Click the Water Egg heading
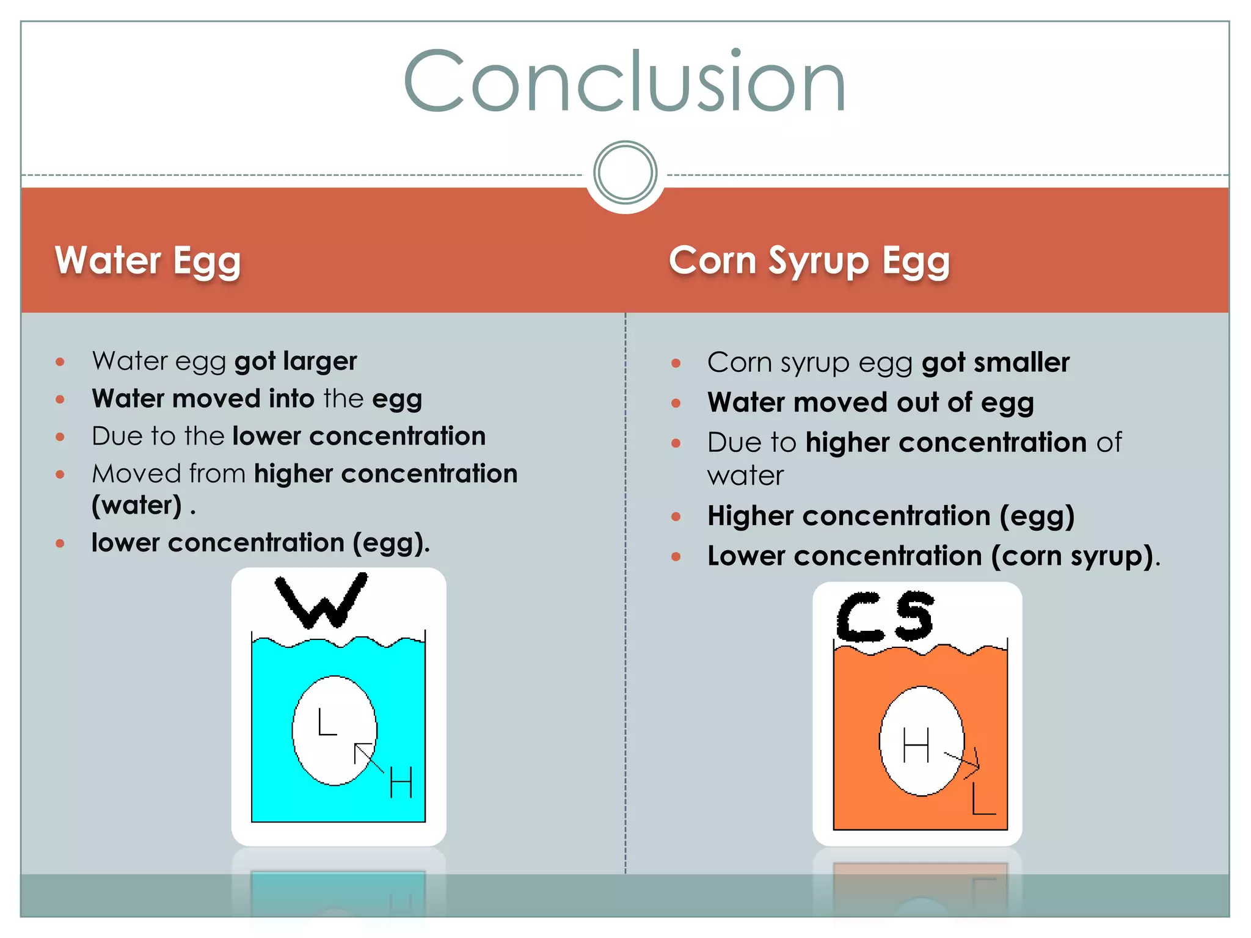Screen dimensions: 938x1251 (x=148, y=261)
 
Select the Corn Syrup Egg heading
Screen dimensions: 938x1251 (x=809, y=261)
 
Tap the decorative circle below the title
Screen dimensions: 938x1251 (x=625, y=172)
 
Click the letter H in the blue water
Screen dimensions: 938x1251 (x=401, y=782)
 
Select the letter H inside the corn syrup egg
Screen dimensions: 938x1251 (x=916, y=744)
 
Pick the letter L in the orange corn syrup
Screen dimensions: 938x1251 (x=983, y=799)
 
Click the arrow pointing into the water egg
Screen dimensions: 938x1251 (x=368, y=757)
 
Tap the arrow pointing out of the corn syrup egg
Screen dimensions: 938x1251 (x=964, y=763)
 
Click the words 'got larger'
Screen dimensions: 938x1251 (x=296, y=362)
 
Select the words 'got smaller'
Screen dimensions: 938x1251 (x=996, y=363)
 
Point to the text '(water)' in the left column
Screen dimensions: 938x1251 (x=137, y=506)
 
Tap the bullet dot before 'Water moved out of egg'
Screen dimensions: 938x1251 (x=676, y=403)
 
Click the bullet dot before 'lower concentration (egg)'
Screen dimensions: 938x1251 (x=60, y=543)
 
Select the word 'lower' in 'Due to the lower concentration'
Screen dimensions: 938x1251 (x=267, y=436)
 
